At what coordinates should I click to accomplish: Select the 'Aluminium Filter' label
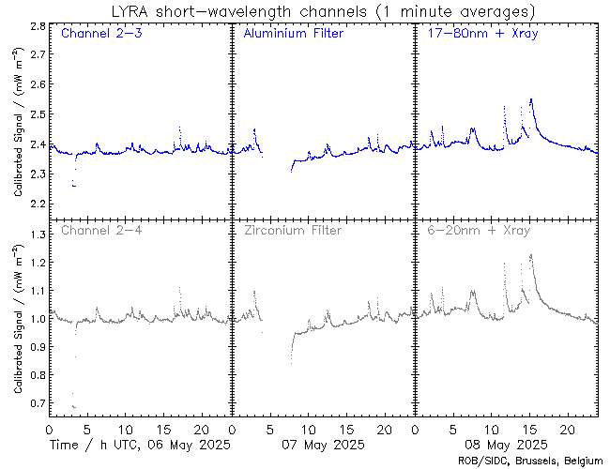(x=293, y=34)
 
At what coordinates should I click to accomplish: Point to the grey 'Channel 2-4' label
(x=99, y=230)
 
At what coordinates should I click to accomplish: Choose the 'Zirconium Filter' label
(x=292, y=230)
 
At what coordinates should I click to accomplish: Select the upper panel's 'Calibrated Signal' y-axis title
(x=18, y=131)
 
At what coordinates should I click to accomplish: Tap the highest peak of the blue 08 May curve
(x=531, y=98)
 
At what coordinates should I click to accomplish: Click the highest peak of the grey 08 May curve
(x=531, y=254)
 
